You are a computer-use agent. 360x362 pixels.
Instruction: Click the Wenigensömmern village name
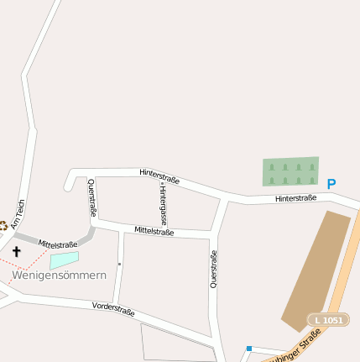tap(58, 275)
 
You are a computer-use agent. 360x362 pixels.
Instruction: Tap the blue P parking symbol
tap(331, 184)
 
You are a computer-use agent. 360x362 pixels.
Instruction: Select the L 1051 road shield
tap(328, 320)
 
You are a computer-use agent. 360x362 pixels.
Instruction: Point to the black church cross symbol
tap(17, 250)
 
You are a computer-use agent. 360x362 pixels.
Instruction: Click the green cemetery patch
tap(290, 171)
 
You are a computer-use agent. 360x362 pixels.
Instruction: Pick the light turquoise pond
tap(64, 260)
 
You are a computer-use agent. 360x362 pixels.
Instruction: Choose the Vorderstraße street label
tap(113, 308)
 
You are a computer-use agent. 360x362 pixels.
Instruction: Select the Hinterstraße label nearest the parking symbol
tap(295, 198)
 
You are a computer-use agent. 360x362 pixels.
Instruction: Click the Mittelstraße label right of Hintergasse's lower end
tap(154, 231)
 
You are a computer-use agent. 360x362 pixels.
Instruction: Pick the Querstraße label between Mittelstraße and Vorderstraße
tap(214, 270)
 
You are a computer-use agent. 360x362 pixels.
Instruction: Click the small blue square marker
tap(248, 348)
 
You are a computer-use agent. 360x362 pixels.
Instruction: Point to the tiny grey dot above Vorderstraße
tap(119, 264)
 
